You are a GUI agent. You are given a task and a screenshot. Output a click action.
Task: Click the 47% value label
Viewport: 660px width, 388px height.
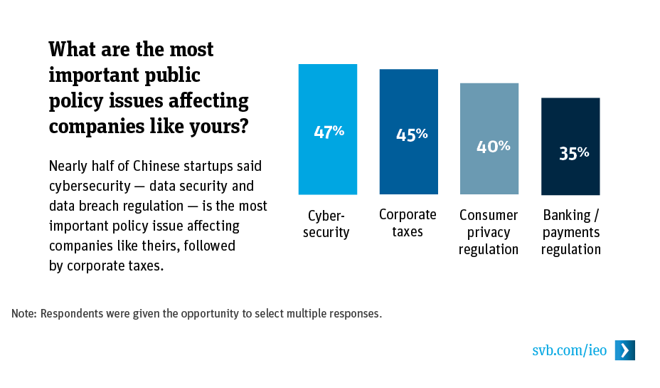[329, 132]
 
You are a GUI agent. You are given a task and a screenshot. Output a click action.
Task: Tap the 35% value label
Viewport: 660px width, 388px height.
[573, 153]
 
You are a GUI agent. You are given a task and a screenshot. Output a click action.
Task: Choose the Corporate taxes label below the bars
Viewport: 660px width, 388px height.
[408, 223]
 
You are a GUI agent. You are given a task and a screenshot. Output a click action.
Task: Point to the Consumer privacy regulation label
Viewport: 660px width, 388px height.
[489, 232]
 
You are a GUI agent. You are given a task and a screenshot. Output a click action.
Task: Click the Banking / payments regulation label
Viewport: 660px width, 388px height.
[571, 232]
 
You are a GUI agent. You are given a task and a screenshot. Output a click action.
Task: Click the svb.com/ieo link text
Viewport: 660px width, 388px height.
[569, 350]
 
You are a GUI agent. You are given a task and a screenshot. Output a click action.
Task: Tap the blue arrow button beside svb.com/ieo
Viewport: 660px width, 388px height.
[624, 350]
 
